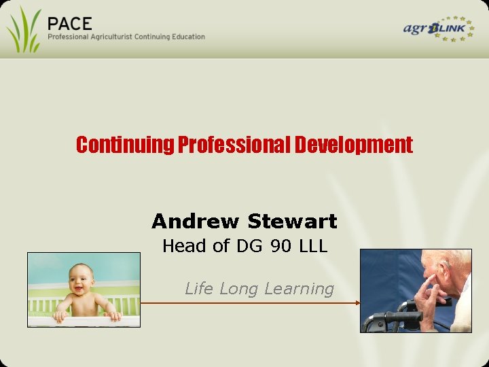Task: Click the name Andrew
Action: point(196,221)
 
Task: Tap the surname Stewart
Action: point(293,221)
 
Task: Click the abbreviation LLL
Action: point(312,246)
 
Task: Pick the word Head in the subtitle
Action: point(184,246)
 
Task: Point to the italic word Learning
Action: point(299,289)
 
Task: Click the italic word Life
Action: point(199,288)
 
